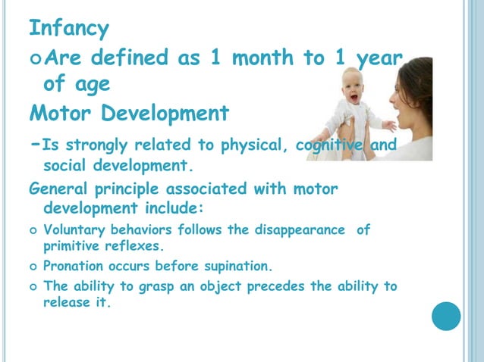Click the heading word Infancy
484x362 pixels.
point(69,30)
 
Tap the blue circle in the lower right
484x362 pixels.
point(446,315)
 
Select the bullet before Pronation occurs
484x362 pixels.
point(33,267)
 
